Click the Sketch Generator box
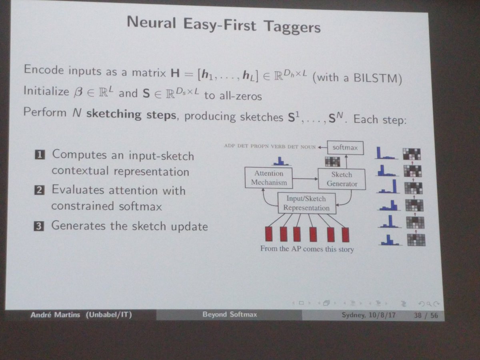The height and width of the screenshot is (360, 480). pos(341,179)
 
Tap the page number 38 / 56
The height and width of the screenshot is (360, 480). pos(426,316)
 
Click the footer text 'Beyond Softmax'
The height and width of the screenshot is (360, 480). pos(230,315)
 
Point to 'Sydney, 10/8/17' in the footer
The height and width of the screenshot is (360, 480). pos(368,315)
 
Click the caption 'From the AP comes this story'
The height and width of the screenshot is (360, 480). pos(307,249)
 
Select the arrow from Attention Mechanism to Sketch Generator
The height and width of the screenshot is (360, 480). pos(305,179)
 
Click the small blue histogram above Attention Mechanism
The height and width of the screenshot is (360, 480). pos(281,161)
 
